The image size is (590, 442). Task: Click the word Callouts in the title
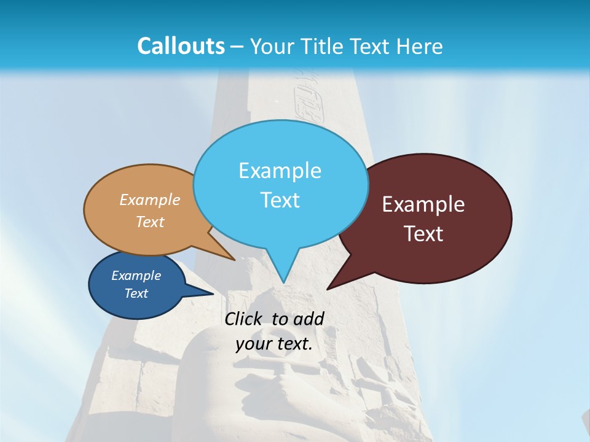(x=181, y=46)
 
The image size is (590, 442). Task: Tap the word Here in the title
(x=420, y=46)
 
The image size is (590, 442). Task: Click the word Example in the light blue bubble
(x=280, y=171)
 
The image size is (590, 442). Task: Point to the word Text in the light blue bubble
(x=280, y=200)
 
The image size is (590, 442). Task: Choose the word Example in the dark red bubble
(x=423, y=204)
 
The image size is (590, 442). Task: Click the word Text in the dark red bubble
(x=423, y=233)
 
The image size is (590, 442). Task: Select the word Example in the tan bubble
(x=150, y=200)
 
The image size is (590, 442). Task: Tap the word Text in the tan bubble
(x=150, y=222)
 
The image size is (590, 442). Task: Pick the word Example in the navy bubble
(x=136, y=276)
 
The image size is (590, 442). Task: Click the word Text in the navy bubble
(x=136, y=293)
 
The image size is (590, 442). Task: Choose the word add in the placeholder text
(x=309, y=319)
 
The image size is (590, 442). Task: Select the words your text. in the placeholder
(x=274, y=344)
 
